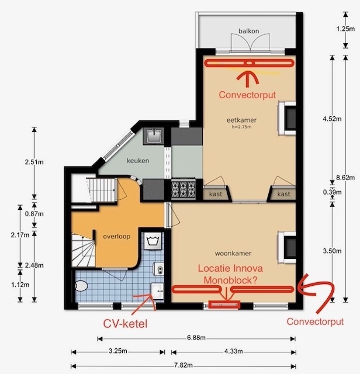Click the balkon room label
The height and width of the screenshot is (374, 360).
tap(249, 31)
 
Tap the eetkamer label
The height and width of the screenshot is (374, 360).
tap(242, 120)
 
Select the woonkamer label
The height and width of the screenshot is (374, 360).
tap(233, 253)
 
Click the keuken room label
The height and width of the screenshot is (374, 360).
tap(138, 161)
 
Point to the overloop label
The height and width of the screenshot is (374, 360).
tap(117, 237)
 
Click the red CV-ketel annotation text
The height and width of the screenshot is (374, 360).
tap(125, 324)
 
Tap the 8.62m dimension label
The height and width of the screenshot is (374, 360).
tap(345, 178)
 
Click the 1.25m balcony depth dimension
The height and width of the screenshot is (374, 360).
tap(345, 29)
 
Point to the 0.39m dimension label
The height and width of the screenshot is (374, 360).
tap(333, 192)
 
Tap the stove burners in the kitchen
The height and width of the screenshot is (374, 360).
tap(184, 189)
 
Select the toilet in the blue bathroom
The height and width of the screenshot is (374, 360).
tap(81, 286)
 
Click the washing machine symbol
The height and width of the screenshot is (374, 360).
tap(152, 241)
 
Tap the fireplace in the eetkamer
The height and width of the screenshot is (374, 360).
tap(287, 119)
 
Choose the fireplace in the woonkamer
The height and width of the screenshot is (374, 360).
tap(287, 247)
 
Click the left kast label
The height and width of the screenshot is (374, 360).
tap(216, 194)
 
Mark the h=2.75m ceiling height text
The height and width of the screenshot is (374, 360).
tap(242, 127)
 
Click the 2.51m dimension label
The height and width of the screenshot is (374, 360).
tap(34, 162)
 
